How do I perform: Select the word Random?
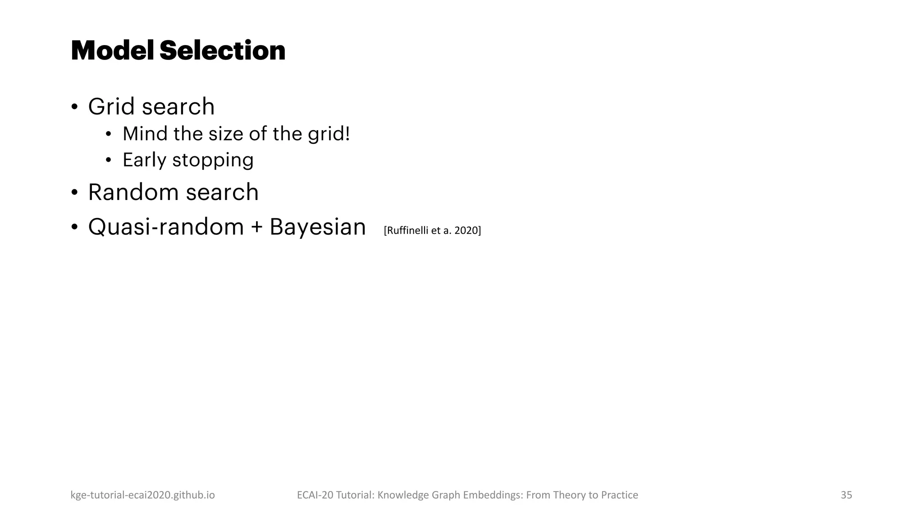[x=133, y=192]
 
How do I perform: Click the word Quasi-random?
[x=165, y=227]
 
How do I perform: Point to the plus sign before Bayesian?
[x=256, y=227]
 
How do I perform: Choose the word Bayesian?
[x=317, y=227]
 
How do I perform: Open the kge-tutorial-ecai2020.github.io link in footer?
[x=142, y=495]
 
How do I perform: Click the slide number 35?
[x=846, y=495]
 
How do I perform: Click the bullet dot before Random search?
[x=74, y=193]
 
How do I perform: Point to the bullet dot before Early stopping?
[x=108, y=160]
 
